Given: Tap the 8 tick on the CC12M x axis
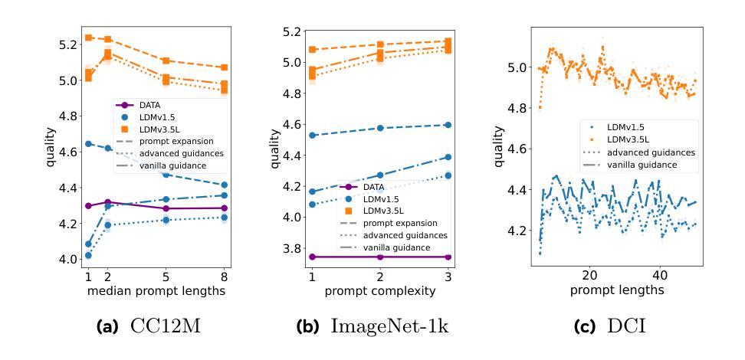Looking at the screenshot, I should point(223,276).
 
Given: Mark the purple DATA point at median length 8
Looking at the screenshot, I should point(223,208).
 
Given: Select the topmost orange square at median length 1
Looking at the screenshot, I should point(89,37).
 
